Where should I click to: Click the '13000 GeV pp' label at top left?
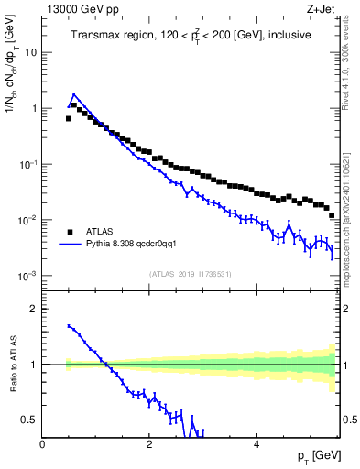(80, 10)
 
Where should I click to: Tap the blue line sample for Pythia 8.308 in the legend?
(69, 245)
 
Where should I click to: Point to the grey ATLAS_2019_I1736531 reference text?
(191, 274)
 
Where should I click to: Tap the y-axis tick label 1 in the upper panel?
(35, 108)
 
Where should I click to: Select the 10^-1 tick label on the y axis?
(30, 163)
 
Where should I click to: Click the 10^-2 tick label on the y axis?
(30, 219)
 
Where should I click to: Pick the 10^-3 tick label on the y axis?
(30, 275)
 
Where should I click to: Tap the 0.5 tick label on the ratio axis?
(30, 420)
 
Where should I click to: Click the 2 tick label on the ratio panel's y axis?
(35, 309)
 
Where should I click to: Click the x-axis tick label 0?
(43, 444)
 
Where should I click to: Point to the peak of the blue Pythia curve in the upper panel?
(74, 93)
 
